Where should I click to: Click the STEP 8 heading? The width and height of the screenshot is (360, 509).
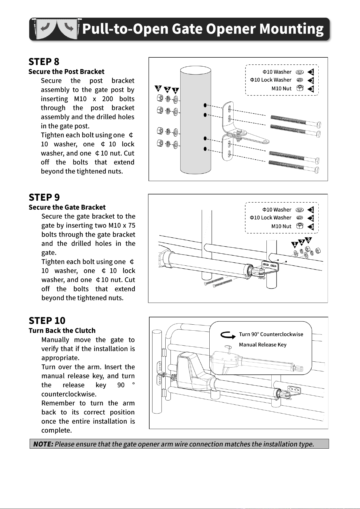point(44,62)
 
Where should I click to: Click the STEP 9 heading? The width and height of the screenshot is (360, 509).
point(44,197)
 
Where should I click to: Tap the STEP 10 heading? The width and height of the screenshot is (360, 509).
point(47,321)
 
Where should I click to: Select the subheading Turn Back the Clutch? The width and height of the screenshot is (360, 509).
point(62,331)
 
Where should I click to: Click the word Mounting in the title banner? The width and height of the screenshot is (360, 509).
point(291,29)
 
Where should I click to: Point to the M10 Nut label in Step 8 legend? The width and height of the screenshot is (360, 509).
point(281,88)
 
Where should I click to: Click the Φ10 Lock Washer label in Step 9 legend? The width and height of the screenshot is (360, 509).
point(271,218)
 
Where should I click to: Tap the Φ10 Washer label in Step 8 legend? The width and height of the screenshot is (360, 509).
point(277,72)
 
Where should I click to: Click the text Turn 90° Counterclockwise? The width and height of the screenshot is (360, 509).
point(271,334)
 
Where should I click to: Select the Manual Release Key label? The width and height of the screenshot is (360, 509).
point(263,345)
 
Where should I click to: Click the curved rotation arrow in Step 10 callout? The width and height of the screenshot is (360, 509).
point(228,335)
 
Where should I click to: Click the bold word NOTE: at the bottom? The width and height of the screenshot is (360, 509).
point(43,444)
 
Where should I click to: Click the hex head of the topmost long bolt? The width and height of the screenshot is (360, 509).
point(319,125)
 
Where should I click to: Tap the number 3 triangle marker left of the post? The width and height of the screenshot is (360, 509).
point(158,88)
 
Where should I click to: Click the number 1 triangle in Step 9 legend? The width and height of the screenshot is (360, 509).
point(311,210)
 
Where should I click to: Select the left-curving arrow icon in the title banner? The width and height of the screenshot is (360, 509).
point(45,27)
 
